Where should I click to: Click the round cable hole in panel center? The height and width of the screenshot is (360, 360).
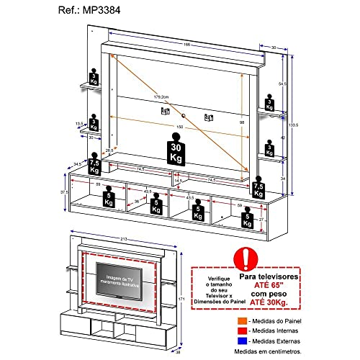pyautogui.click(x=184, y=116)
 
